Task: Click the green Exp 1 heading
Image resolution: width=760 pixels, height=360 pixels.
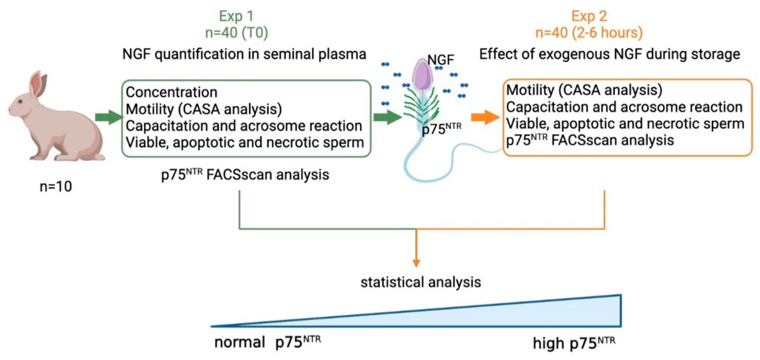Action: click(x=236, y=16)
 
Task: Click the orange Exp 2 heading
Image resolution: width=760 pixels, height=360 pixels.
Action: click(x=589, y=16)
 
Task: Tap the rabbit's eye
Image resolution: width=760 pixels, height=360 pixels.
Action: click(x=20, y=102)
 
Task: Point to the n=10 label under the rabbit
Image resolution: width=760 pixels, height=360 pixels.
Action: click(x=56, y=187)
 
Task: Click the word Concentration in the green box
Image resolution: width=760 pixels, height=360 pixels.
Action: click(x=171, y=92)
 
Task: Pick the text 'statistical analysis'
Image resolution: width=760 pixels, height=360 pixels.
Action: click(x=421, y=282)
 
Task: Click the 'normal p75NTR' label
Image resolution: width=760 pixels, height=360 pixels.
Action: click(x=267, y=342)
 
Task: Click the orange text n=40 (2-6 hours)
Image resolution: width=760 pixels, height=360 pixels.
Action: click(x=589, y=32)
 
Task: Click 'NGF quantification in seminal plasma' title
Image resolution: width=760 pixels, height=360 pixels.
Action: click(x=244, y=54)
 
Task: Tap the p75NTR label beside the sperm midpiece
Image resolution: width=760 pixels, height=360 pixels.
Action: click(x=441, y=129)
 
